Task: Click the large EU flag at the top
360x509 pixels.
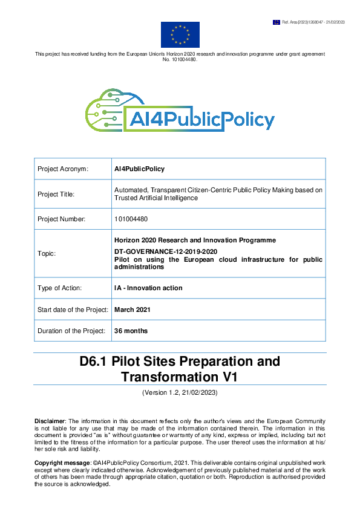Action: coord(180,34)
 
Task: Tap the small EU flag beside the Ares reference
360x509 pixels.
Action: coord(277,22)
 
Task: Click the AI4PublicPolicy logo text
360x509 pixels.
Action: coord(200,120)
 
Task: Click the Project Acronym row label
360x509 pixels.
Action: coord(64,169)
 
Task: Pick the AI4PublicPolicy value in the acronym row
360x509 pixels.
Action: coord(139,169)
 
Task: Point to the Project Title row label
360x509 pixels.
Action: coord(57,194)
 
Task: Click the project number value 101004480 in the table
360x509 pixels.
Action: coord(131,219)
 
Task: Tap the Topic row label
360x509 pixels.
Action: coord(47,253)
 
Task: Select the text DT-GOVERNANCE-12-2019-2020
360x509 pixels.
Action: coord(166,250)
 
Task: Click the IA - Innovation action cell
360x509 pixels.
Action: coord(148,288)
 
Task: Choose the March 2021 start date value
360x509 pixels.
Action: coord(133,310)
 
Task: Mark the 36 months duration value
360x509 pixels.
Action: coord(131,331)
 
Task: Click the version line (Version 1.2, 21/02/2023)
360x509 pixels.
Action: coord(180,393)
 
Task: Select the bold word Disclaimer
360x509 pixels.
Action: coord(50,420)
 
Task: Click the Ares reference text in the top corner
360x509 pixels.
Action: coord(313,22)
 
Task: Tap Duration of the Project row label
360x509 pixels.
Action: coord(70,331)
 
